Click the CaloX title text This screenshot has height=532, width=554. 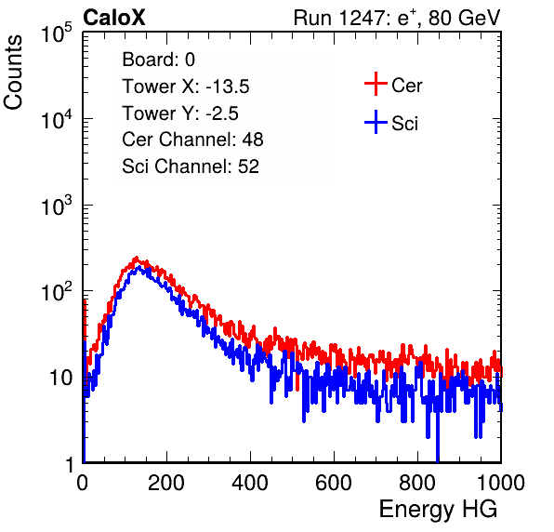(114, 18)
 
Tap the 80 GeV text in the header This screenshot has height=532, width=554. (464, 18)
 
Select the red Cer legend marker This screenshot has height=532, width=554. (376, 84)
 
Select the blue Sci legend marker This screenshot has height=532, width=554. (376, 123)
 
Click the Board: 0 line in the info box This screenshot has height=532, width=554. (158, 60)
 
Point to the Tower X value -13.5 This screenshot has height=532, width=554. (228, 86)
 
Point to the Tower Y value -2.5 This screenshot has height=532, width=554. (222, 113)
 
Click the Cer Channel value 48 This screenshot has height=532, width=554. (253, 140)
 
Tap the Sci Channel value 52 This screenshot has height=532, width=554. (248, 166)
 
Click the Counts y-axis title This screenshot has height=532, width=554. (13, 73)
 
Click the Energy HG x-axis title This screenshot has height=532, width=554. (438, 510)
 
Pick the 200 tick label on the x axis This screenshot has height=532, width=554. (166, 483)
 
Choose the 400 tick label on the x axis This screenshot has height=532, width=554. (250, 483)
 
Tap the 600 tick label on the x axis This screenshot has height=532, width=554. (334, 483)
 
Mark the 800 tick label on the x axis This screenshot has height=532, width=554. (417, 483)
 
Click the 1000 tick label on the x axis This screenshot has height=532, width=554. (501, 483)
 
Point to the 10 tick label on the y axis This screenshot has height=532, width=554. (60, 378)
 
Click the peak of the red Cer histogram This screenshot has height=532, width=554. (137, 258)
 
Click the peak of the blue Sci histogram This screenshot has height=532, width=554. (138, 267)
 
